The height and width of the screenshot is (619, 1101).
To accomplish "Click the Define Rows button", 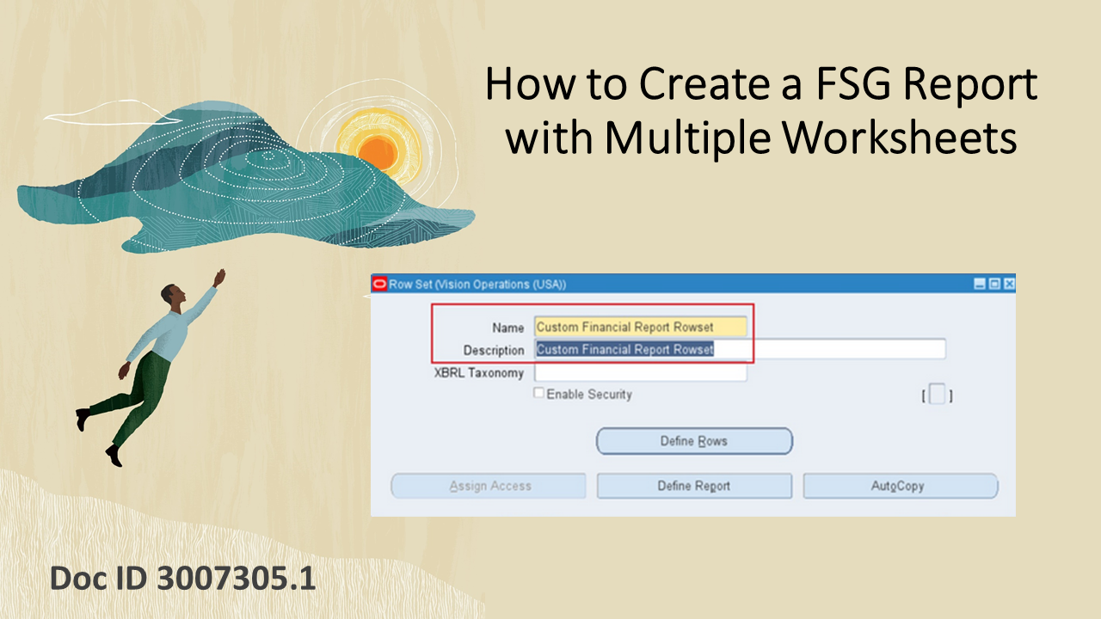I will (x=693, y=441).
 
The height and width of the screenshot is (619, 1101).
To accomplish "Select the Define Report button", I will (x=693, y=486).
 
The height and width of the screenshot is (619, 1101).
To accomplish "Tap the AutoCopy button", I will (x=900, y=486).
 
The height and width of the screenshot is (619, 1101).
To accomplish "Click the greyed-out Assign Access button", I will (x=489, y=486).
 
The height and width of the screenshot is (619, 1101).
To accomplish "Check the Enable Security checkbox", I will (x=539, y=394).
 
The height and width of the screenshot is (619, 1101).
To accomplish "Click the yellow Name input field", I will (x=640, y=327).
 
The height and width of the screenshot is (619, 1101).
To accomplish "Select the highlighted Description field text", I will (x=625, y=349).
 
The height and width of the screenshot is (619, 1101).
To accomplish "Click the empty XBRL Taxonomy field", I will (x=640, y=372).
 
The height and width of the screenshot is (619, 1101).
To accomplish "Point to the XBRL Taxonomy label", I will (x=479, y=373).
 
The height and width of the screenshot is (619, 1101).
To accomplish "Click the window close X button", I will (x=1009, y=284).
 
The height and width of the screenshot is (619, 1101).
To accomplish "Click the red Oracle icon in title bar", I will (x=379, y=284).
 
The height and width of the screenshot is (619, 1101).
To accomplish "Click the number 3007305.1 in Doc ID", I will (x=237, y=579).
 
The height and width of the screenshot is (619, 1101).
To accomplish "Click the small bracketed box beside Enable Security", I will (x=937, y=395).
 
